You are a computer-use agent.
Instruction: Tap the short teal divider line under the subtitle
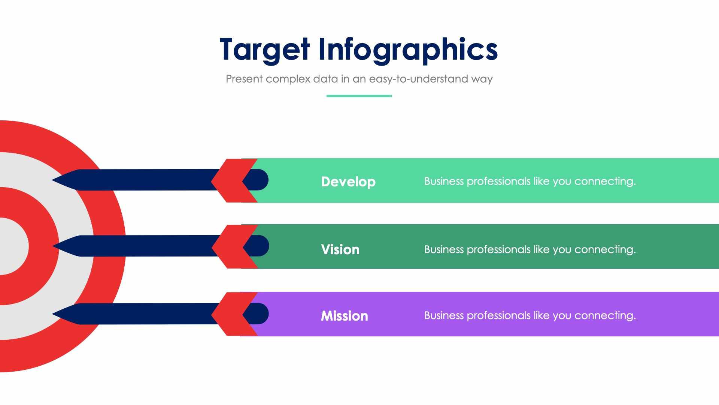[x=359, y=96]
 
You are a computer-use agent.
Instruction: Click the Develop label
[x=348, y=182]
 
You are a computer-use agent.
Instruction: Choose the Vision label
[x=340, y=250]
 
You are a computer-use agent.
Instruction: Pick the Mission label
[x=345, y=316]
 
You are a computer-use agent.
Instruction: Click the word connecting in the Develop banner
[x=605, y=181]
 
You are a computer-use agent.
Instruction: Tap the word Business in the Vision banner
[x=444, y=249]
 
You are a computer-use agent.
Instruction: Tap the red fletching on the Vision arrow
[x=230, y=247]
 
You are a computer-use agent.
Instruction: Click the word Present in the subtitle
[x=244, y=79]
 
